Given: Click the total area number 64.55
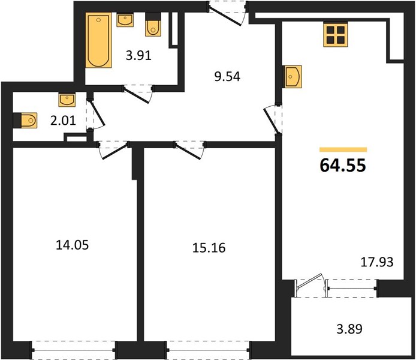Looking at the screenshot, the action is point(343,165).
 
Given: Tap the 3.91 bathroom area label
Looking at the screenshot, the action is point(138,56).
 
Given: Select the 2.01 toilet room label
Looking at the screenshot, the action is point(64,121).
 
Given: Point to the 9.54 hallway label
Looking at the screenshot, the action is point(227,77).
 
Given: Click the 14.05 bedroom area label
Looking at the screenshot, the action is point(73,245).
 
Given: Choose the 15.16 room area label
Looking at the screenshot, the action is point(209,248).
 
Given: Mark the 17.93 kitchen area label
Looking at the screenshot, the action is point(376,262).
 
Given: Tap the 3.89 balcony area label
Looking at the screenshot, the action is point(349,329).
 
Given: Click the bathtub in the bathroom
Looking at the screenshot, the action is point(98,40).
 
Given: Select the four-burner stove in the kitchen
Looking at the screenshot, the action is point(335,35).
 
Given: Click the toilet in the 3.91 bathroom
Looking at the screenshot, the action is point(153,25).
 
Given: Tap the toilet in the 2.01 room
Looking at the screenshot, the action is point(25,121).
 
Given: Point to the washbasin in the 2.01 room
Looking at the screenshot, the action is point(67,100).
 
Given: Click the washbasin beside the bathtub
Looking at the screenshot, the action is point(125,20).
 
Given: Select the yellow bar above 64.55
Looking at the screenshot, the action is point(343,150).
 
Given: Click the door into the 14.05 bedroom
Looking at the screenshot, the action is point(113,150).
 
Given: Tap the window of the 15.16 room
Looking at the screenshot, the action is point(208,350).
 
